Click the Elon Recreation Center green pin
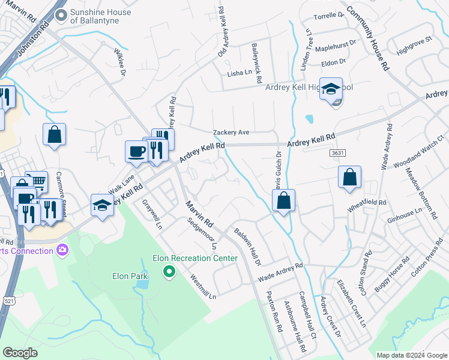(x=169, y=273)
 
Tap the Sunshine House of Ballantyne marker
(x=61, y=15)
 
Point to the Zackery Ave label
(x=231, y=133)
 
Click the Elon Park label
(x=130, y=277)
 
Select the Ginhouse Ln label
(x=405, y=214)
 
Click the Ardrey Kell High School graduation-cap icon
(x=331, y=90)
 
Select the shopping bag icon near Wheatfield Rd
(x=349, y=178)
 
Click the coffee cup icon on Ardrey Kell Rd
(x=136, y=151)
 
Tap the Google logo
(x=20, y=353)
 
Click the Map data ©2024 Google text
(x=411, y=355)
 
